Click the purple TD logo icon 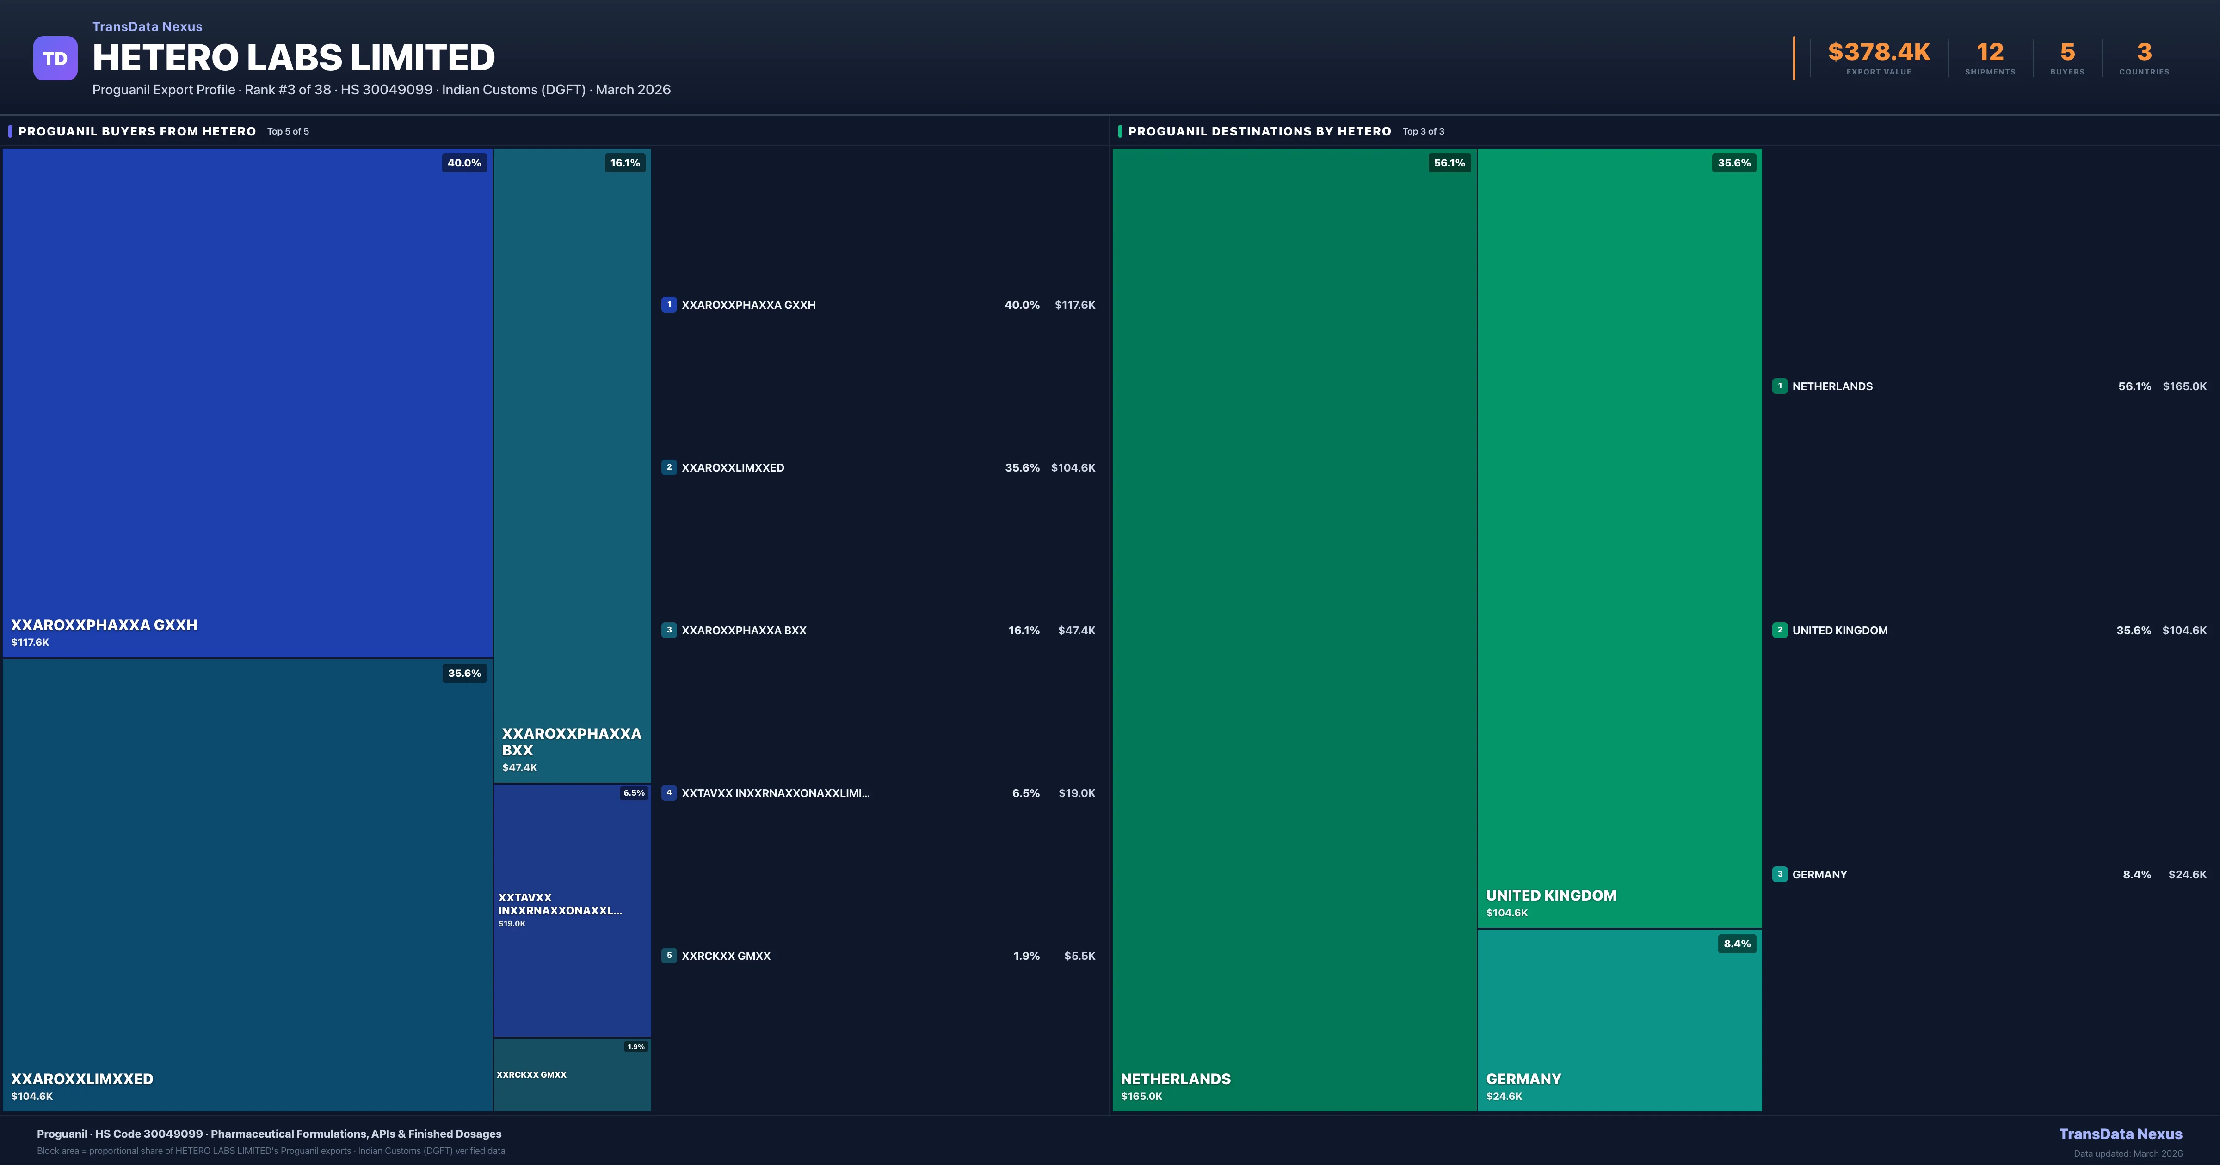(x=55, y=59)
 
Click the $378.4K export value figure (x=1879, y=53)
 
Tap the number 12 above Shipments (x=1990, y=53)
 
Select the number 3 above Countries (x=2144, y=53)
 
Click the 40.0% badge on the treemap (x=463, y=163)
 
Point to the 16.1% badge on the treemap (x=625, y=163)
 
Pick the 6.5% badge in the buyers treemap (x=634, y=793)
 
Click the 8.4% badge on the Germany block (x=1737, y=944)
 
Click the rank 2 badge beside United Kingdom (x=1780, y=630)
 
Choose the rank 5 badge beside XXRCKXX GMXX (x=669, y=956)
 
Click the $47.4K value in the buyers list (x=1076, y=630)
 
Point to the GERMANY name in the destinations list (x=1819, y=875)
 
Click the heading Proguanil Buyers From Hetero (x=137, y=131)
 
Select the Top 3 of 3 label (x=1423, y=131)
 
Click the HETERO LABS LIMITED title (x=293, y=58)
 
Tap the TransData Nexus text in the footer (x=2120, y=1134)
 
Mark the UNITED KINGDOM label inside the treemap (x=1550, y=895)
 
